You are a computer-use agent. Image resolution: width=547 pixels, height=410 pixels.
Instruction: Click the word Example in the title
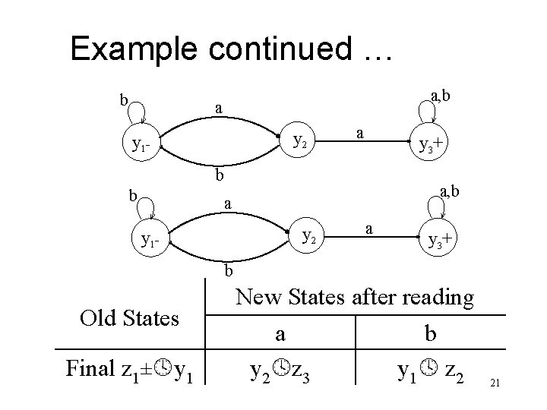(130, 49)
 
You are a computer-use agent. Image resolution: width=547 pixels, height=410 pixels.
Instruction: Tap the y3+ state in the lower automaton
(441, 242)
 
